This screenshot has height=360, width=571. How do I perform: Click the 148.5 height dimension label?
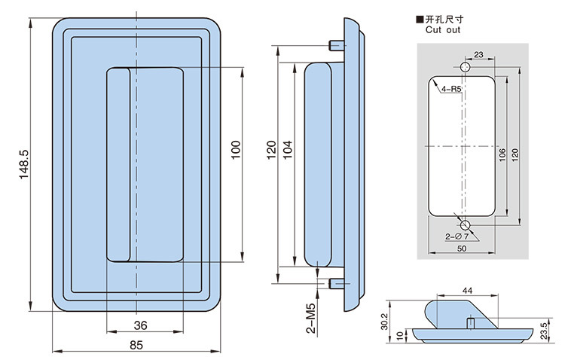pos(23,164)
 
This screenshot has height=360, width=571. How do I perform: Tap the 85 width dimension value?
pos(136,346)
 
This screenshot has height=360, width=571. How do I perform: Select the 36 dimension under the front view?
pos(140,325)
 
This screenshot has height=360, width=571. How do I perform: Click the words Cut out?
pos(443,30)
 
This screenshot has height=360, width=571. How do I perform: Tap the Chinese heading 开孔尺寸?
pos(447,19)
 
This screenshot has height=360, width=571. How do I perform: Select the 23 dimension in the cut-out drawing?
pos(478,54)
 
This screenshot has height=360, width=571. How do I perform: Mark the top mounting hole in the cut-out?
pos(465,69)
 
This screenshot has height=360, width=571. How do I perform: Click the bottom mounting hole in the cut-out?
pos(465,224)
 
